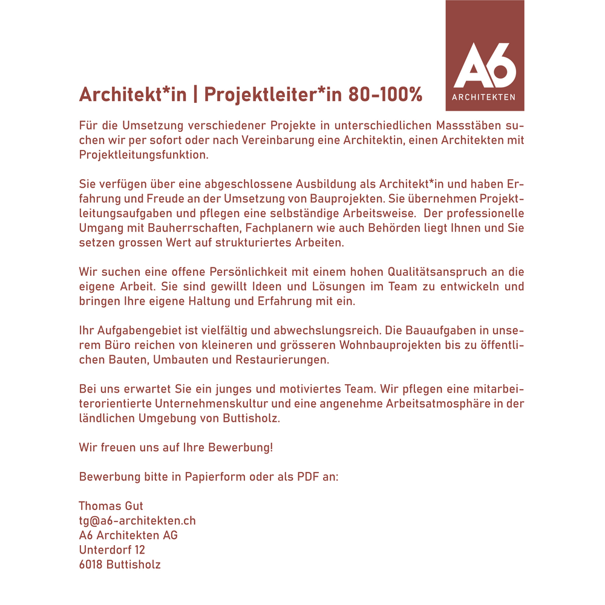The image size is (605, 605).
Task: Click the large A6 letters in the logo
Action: [485, 65]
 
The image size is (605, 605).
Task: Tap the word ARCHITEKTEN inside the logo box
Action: [485, 97]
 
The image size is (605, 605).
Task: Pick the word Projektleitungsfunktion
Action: [143, 155]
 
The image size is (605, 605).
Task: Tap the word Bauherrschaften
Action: [192, 229]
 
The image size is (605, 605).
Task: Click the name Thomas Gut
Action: [111, 506]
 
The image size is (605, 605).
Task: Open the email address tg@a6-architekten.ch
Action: [137, 521]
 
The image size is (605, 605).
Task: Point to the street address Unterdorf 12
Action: [112, 550]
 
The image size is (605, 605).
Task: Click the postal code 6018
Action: [90, 565]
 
